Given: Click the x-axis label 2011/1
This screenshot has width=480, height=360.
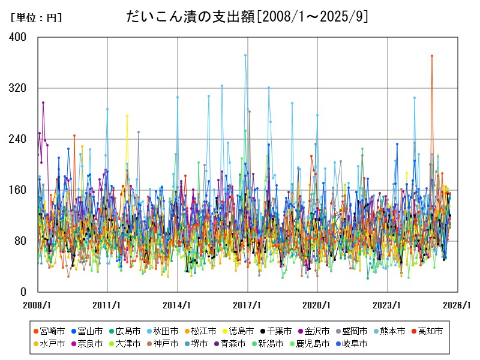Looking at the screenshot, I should tap(107, 304).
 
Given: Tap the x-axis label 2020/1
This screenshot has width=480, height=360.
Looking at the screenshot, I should tap(317, 304).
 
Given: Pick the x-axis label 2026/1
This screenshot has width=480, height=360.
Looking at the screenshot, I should tap(457, 304).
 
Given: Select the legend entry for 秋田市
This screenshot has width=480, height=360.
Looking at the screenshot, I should tap(166, 331).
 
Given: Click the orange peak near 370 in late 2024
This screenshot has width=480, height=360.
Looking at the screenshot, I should tap(431, 56).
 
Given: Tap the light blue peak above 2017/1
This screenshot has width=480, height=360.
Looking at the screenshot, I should tap(245, 55).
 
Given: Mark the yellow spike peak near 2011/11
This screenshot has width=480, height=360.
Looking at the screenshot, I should tap(127, 115).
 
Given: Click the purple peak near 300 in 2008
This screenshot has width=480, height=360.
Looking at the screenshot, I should tap(43, 103).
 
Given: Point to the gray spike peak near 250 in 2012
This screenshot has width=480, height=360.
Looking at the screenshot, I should tap(139, 132).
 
